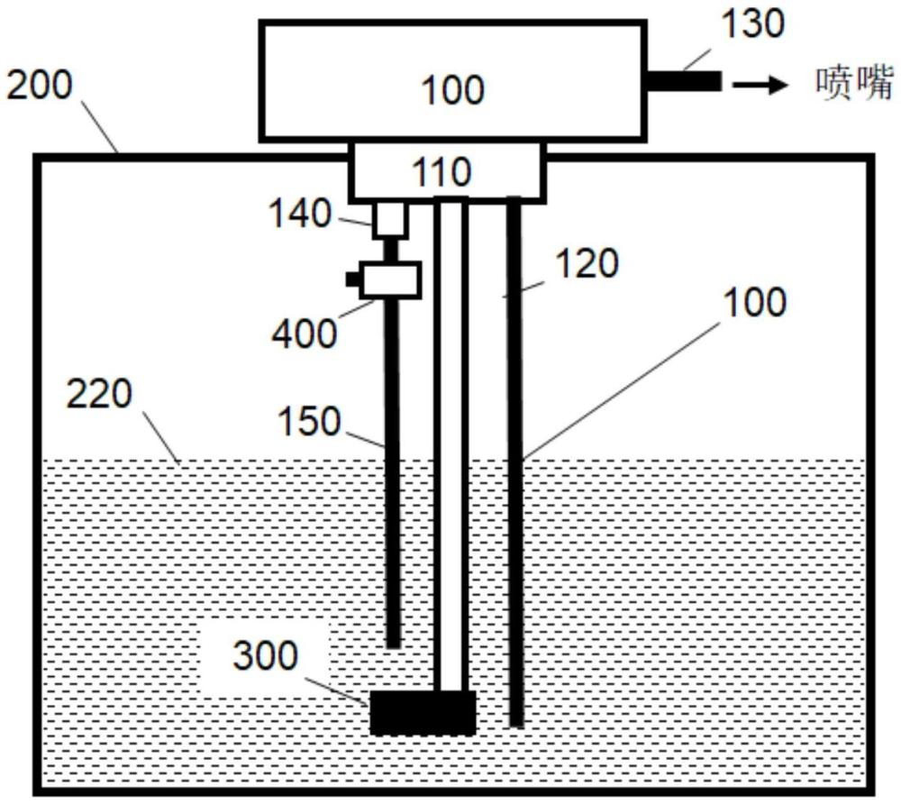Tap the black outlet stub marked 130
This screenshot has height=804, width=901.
tap(684, 82)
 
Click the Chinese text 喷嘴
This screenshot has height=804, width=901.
tap(852, 84)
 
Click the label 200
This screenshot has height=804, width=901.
tap(41, 87)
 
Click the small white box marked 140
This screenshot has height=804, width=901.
tap(388, 218)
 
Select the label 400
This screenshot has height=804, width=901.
tap(305, 333)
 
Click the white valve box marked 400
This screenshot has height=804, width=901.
tap(389, 280)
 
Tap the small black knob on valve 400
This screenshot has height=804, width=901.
tap(352, 279)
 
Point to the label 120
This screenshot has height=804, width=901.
tap(586, 264)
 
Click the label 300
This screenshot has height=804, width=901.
tap(264, 657)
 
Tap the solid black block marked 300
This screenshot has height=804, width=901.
tap(423, 712)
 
